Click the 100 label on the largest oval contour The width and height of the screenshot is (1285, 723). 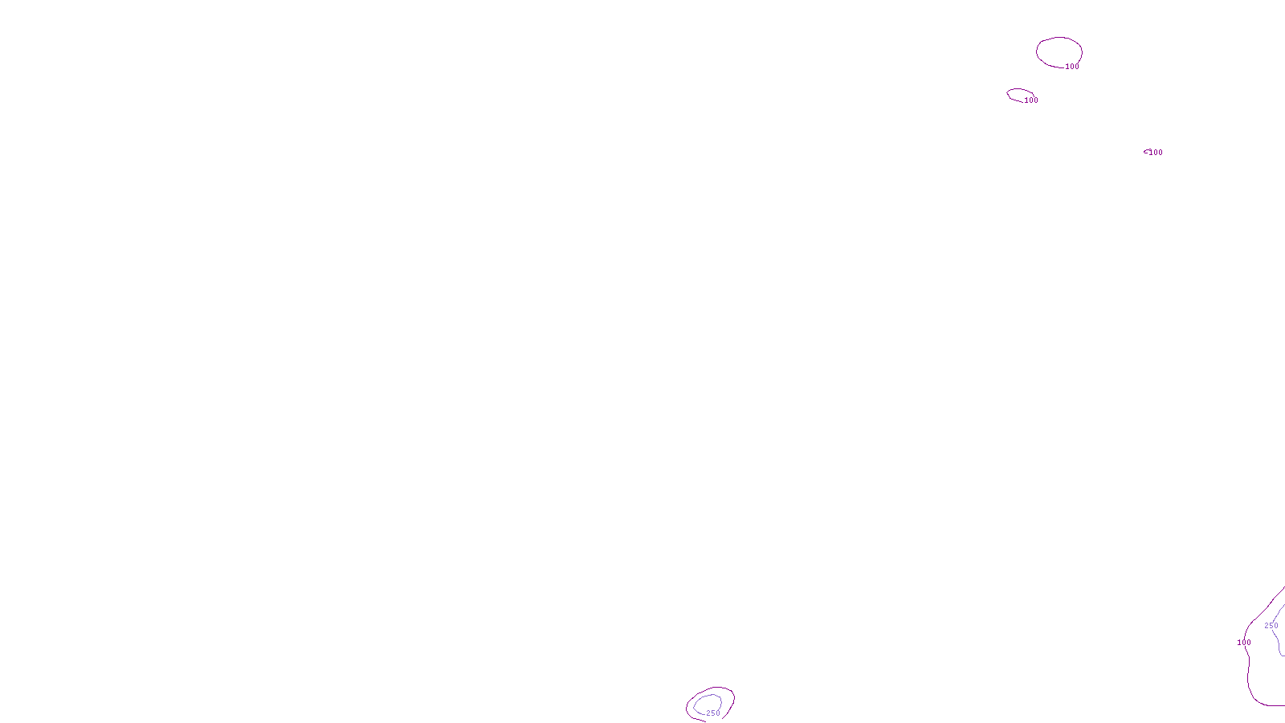pyautogui.click(x=1072, y=67)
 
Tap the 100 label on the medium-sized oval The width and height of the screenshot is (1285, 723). pyautogui.click(x=1031, y=100)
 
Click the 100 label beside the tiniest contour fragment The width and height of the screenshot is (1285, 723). pyautogui.click(x=1156, y=153)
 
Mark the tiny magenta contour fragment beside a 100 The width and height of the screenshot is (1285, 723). pyautogui.click(x=1145, y=151)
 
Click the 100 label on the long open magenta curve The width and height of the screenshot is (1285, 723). pyautogui.click(x=1244, y=643)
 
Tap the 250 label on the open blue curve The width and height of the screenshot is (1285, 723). pyautogui.click(x=1271, y=626)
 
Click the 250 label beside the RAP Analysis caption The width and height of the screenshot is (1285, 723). pyautogui.click(x=713, y=713)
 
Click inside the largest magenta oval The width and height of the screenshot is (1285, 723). pyautogui.click(x=1059, y=51)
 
